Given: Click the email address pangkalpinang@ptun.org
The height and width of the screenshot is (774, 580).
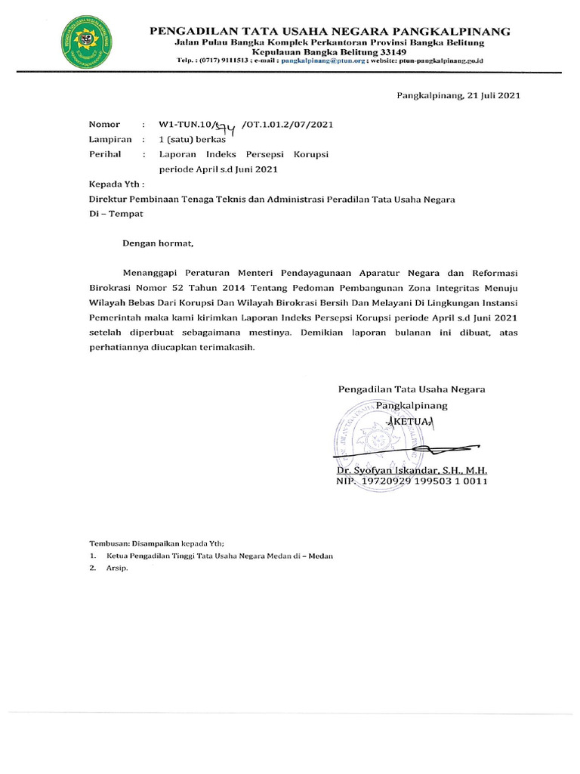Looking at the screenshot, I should [x=322, y=60].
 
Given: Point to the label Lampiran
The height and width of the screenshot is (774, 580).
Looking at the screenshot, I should [x=110, y=139].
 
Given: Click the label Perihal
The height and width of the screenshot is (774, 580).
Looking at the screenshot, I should [x=106, y=154].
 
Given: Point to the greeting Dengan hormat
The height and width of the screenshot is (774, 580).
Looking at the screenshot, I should [x=159, y=243].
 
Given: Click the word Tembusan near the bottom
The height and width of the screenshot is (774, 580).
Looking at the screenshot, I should [x=109, y=542].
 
